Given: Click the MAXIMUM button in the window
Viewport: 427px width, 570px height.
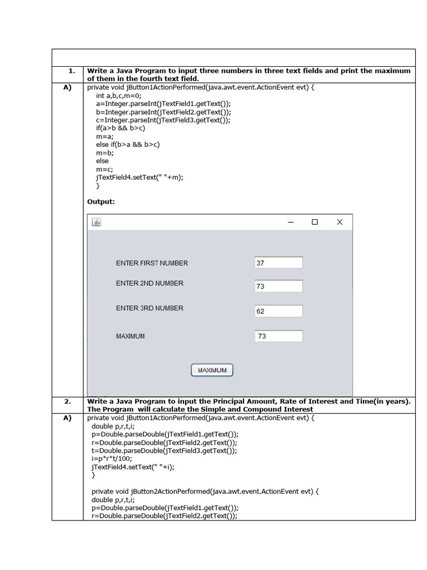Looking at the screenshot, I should click(x=212, y=370).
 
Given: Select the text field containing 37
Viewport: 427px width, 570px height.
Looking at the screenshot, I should click(x=279, y=263).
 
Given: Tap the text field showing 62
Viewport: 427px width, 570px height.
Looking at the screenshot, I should click(x=279, y=311).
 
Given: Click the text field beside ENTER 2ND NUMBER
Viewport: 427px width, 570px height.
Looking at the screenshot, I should click(x=279, y=286).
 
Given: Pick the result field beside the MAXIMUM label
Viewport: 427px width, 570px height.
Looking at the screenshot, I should click(x=279, y=336).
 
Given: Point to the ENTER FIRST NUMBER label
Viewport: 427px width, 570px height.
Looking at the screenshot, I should click(x=152, y=263).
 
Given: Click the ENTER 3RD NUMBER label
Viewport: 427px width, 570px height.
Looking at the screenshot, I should click(x=150, y=308).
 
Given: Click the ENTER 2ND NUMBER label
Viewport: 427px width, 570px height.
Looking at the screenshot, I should click(x=150, y=283).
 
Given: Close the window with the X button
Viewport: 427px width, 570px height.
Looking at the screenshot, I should click(x=340, y=222).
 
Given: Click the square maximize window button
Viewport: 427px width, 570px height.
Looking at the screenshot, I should click(x=315, y=222).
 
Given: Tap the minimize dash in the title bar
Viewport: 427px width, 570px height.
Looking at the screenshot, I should click(x=290, y=222).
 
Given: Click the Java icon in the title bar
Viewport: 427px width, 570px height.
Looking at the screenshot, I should click(x=97, y=223).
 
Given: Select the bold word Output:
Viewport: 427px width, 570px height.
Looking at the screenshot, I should click(x=101, y=202).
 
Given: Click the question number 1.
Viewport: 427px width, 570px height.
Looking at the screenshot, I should click(x=72, y=71).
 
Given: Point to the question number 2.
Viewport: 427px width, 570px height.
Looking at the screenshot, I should click(x=67, y=401).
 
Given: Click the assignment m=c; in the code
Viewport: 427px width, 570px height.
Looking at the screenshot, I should click(x=105, y=169).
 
